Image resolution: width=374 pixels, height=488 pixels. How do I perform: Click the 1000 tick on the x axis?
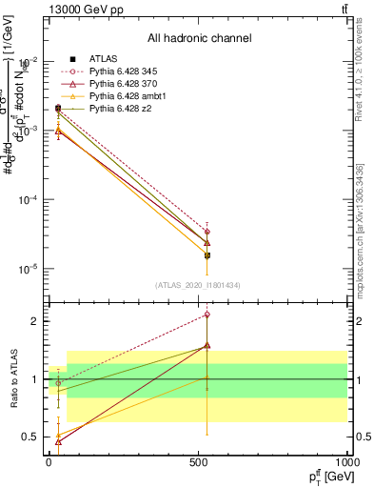tap(346, 461)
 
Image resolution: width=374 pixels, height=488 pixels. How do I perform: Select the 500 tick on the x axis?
tap(198, 461)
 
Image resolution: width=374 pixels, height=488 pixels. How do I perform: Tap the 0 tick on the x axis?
tap(49, 461)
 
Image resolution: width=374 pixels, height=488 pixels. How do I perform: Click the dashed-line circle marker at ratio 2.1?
tap(207, 315)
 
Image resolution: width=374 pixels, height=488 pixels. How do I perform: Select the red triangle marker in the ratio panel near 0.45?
tap(59, 441)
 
